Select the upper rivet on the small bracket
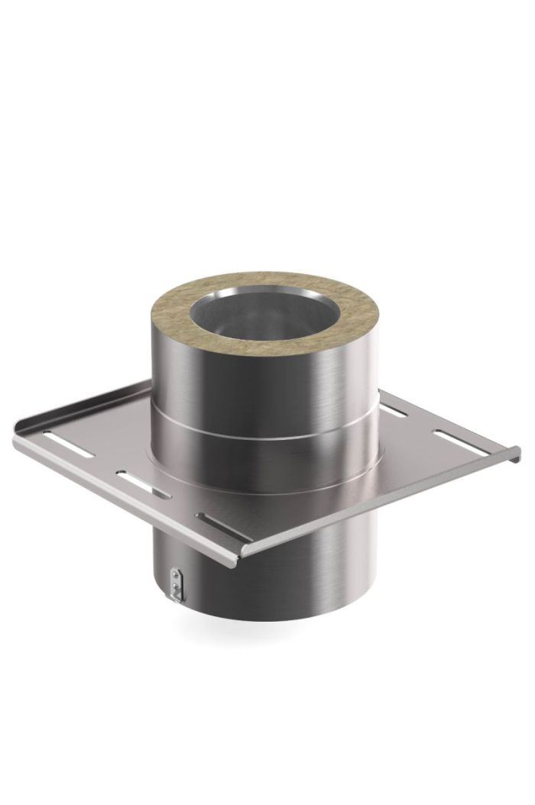click(x=176, y=574)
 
